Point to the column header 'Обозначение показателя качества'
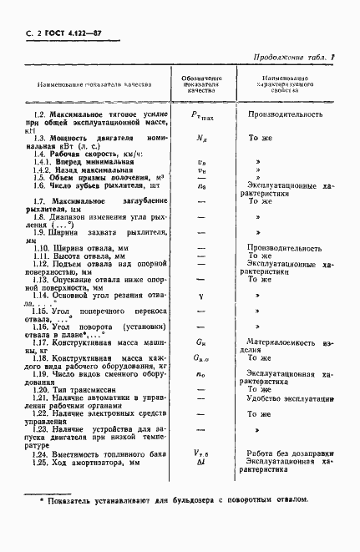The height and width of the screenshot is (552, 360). [x=200, y=84]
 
